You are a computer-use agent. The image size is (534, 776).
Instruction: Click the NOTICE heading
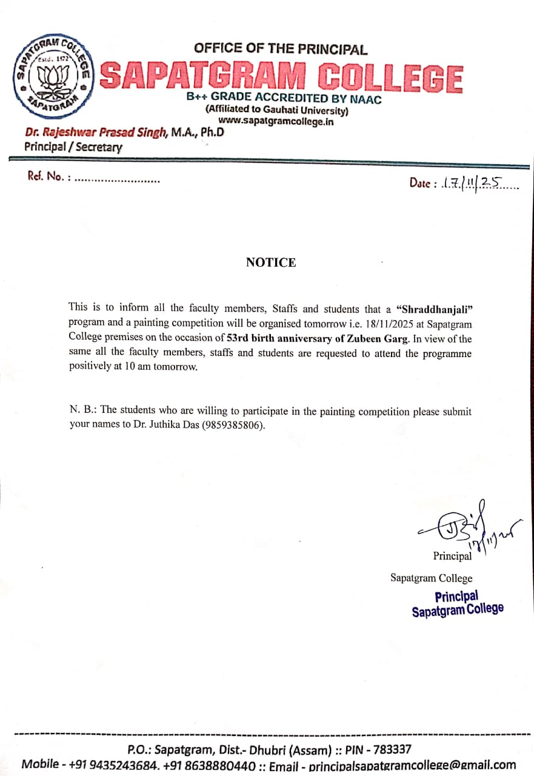[271, 263]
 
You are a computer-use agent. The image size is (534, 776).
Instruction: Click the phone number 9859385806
[233, 426]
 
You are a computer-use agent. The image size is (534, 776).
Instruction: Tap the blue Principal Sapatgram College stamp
[457, 603]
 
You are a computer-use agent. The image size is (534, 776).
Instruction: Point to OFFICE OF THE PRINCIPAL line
[281, 49]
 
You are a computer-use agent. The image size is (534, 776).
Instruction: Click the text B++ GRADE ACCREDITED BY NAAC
[284, 99]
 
